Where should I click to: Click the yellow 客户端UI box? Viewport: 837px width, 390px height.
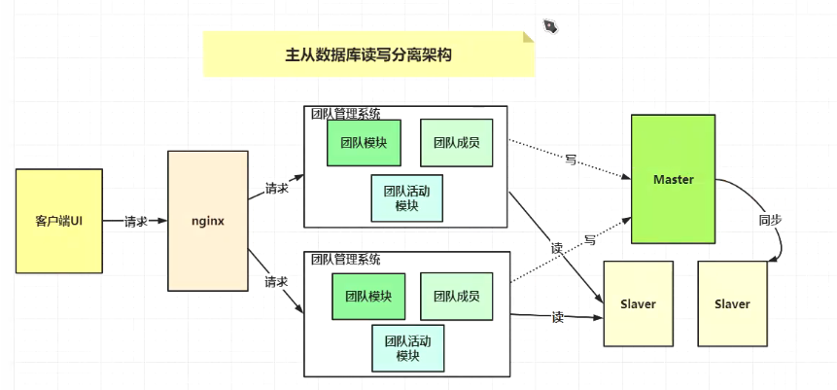(x=58, y=220)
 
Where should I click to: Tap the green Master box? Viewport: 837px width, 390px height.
(x=673, y=179)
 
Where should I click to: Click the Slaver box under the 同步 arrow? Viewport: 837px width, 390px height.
(x=732, y=303)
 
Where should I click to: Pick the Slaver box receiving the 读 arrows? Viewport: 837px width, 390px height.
(x=638, y=303)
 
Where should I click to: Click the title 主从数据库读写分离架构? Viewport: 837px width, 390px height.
(x=367, y=55)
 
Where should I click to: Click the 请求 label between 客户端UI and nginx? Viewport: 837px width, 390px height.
(x=136, y=221)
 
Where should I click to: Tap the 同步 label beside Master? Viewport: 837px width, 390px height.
(x=770, y=220)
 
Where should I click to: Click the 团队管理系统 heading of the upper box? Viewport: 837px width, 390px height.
(x=345, y=114)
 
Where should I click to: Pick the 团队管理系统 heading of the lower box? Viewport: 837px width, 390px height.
(x=345, y=260)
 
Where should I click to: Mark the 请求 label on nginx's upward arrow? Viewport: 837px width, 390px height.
(x=276, y=188)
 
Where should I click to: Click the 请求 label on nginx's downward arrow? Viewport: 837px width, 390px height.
(x=276, y=282)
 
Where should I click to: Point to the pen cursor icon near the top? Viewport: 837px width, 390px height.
(x=550, y=24)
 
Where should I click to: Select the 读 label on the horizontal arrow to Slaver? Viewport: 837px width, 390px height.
(x=557, y=316)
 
